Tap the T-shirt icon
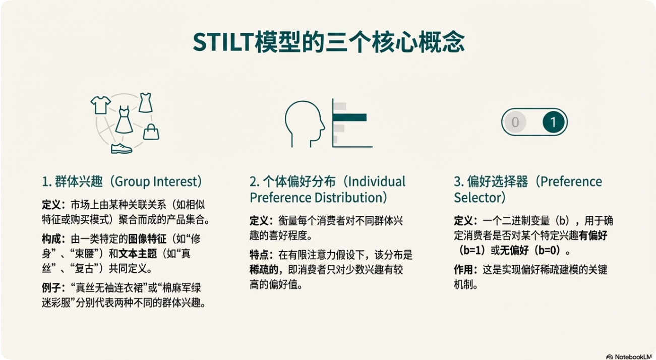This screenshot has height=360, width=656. tap(100, 105)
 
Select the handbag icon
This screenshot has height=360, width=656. tap(151, 132)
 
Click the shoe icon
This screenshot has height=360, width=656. tap(121, 148)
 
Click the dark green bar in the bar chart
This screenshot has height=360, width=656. tap(349, 118)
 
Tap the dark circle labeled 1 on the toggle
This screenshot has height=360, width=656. tap(553, 123)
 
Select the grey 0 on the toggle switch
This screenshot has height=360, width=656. tap(515, 123)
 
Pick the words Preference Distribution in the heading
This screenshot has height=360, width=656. tap(318, 197)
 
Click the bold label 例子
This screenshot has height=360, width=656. tap(51, 288)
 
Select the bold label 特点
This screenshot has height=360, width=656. tap(260, 256)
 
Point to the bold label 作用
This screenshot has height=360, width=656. tap(464, 271)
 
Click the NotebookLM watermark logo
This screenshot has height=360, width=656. tap(609, 356)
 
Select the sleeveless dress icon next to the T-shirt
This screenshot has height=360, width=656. tap(145, 102)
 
